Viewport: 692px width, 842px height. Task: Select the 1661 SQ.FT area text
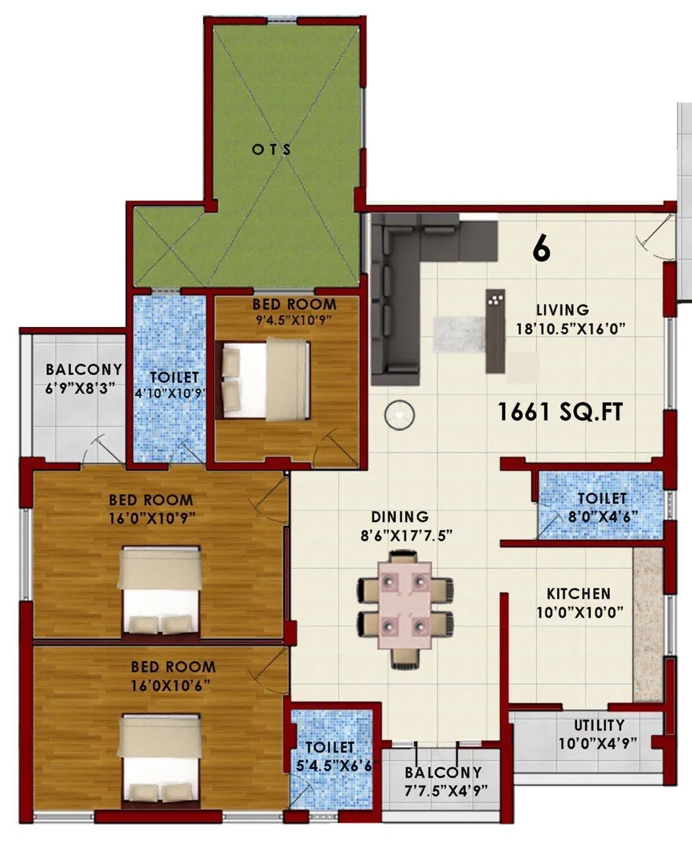pyautogui.click(x=559, y=412)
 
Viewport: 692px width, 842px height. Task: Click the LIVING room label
pyautogui.click(x=562, y=309)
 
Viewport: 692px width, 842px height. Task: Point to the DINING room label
pyautogui.click(x=399, y=517)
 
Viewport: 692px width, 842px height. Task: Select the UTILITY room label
pyautogui.click(x=599, y=726)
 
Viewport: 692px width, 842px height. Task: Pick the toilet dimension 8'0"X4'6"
pyautogui.click(x=600, y=516)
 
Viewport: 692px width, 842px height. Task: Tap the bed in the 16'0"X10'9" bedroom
pyautogui.click(x=160, y=592)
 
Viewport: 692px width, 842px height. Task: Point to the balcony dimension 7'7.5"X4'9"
pyautogui.click(x=443, y=789)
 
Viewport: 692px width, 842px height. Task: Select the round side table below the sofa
pyautogui.click(x=399, y=416)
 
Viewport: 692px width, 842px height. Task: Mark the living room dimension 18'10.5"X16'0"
pyautogui.click(x=562, y=328)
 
